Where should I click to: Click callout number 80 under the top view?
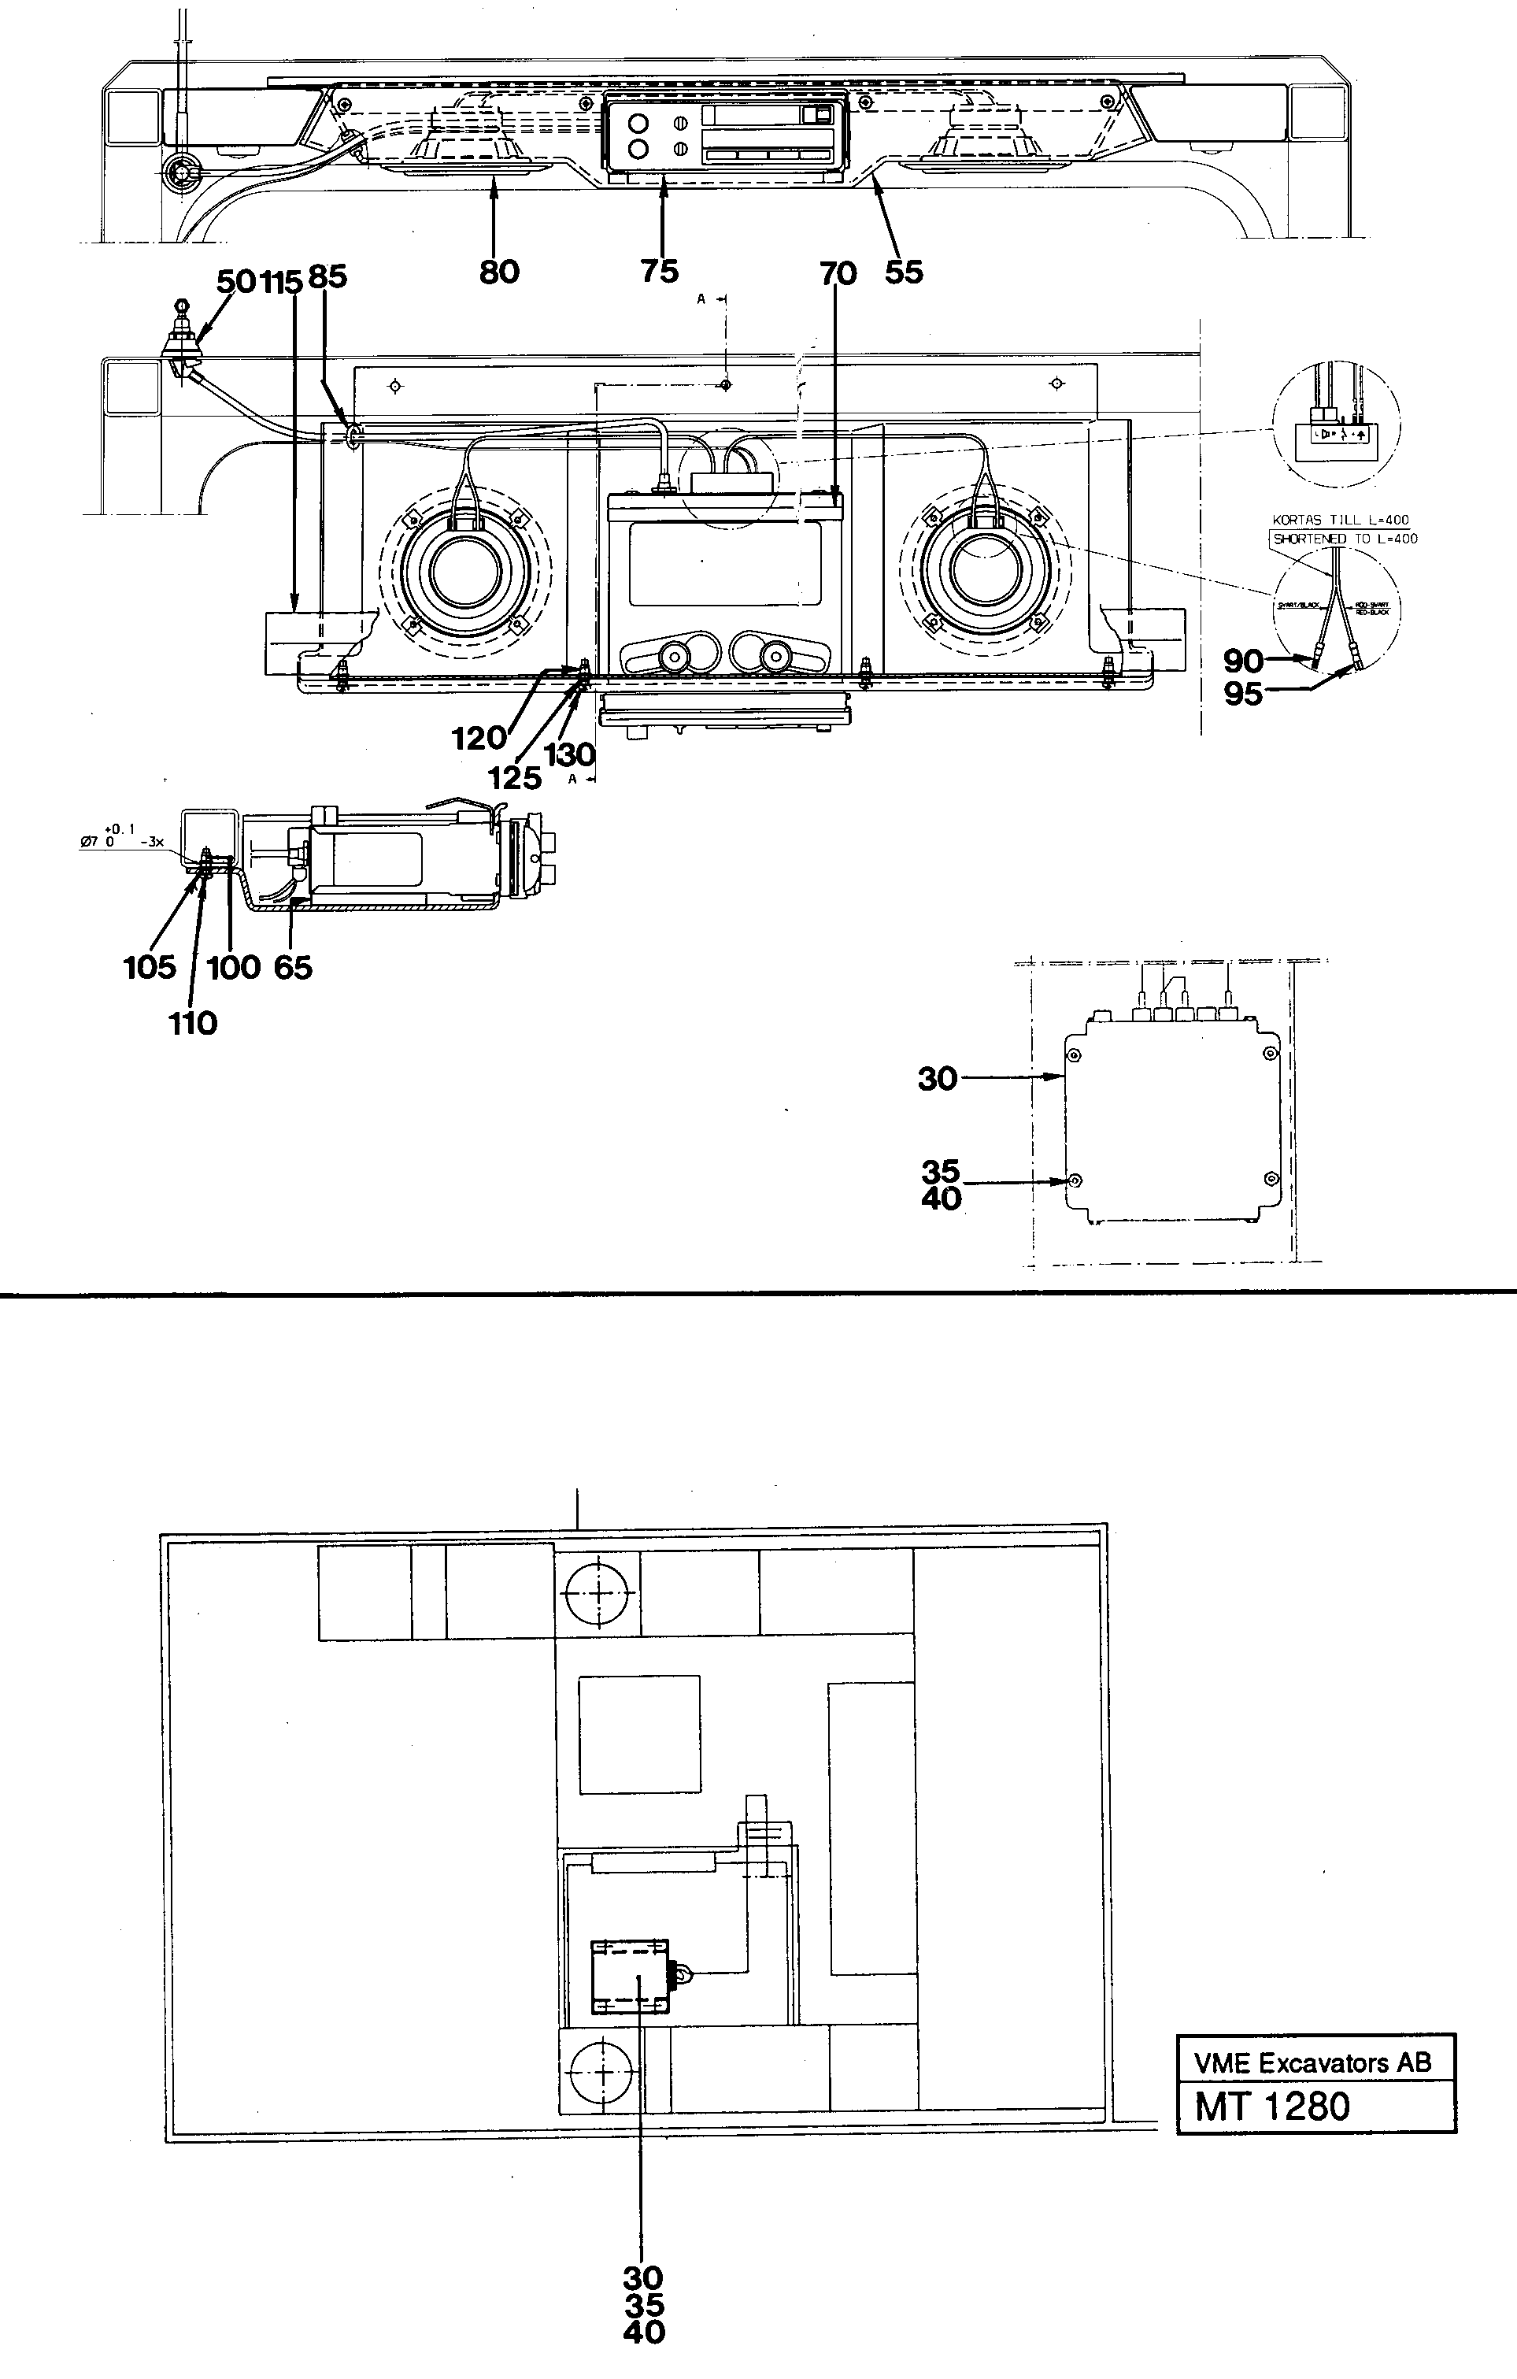[x=499, y=272]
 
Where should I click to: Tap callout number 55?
[x=904, y=272]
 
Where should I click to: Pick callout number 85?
[x=328, y=278]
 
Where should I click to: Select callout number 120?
[x=478, y=737]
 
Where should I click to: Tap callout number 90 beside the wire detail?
[x=1242, y=661]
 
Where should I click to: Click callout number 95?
[x=1242, y=695]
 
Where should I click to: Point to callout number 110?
[x=193, y=1024]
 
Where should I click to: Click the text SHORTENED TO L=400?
[x=1344, y=539]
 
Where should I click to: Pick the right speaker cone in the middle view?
[x=984, y=572]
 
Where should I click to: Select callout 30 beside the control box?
[x=938, y=1079]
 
